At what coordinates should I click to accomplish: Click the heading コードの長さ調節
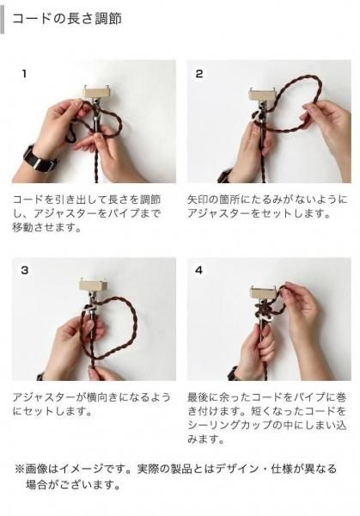point(67,19)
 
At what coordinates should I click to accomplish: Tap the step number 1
point(24,74)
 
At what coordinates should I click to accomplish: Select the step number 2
point(199,74)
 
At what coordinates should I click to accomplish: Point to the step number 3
point(25,270)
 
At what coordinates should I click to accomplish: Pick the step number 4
point(199,270)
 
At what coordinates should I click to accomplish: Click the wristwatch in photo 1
point(40,159)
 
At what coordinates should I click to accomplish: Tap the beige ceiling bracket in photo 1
point(95,91)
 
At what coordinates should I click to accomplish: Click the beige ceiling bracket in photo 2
point(262,95)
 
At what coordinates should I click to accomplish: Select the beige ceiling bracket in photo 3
point(93,284)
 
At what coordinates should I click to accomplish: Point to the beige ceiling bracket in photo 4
point(264,292)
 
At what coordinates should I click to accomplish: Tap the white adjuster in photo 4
point(265,318)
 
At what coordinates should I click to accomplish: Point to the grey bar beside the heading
point(2,20)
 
